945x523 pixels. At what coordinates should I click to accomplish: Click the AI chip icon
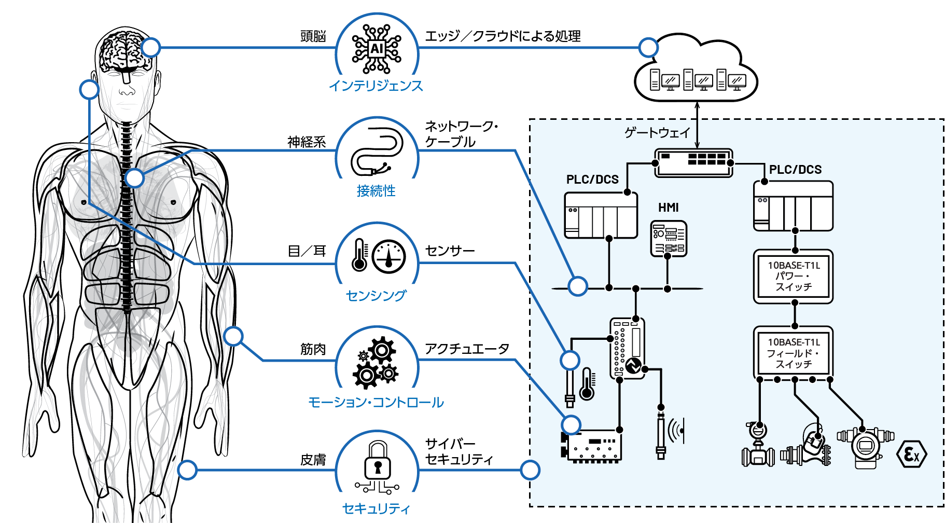pyautogui.click(x=377, y=49)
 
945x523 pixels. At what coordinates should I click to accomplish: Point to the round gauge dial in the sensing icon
pyautogui.click(x=389, y=256)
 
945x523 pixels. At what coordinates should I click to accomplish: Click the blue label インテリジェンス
pyautogui.click(x=376, y=86)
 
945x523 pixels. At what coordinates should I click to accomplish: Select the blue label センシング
pyautogui.click(x=376, y=295)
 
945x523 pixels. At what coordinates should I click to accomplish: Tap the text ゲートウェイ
pyautogui.click(x=657, y=133)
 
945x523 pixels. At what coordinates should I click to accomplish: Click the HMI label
pyautogui.click(x=669, y=208)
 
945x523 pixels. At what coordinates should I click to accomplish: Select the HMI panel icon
pyautogui.click(x=669, y=239)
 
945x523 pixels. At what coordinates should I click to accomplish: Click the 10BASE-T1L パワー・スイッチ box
pyautogui.click(x=793, y=276)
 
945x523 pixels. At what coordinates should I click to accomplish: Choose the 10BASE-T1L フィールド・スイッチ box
pyautogui.click(x=793, y=353)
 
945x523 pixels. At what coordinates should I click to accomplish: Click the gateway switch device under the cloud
pyautogui.click(x=693, y=162)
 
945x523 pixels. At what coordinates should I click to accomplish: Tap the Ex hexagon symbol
pyautogui.click(x=911, y=455)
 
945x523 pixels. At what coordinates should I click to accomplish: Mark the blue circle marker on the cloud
pyautogui.click(x=648, y=48)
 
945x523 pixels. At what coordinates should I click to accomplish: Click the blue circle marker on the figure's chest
pyautogui.click(x=134, y=178)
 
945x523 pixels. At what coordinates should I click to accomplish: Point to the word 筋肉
pyautogui.click(x=313, y=349)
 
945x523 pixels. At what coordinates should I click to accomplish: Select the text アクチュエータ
pyautogui.click(x=467, y=349)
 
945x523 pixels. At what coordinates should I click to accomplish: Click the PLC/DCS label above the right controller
pyautogui.click(x=795, y=170)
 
